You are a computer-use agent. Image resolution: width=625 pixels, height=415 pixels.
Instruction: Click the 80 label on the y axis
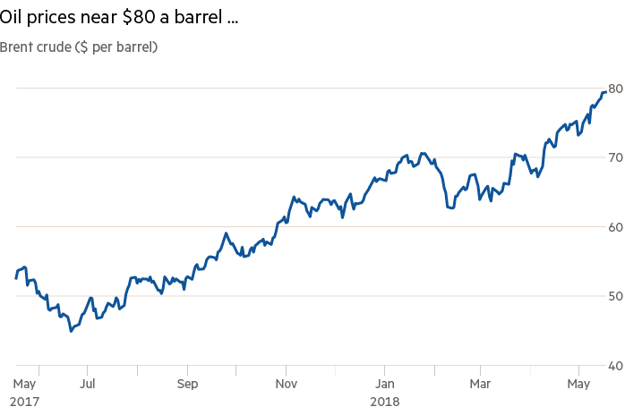point(615,89)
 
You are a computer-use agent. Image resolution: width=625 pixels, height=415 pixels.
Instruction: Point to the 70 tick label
point(615,157)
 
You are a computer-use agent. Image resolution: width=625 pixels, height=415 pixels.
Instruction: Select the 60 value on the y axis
point(615,227)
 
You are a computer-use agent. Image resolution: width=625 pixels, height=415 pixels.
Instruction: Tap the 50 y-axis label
point(615,296)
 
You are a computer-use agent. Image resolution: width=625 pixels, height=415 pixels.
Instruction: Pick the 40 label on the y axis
point(615,365)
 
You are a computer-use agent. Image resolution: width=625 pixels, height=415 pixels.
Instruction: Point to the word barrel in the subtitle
point(131,47)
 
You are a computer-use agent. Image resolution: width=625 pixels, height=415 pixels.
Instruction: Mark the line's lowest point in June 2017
point(71,331)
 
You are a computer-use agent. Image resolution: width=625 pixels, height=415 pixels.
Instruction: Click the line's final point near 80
point(604,91)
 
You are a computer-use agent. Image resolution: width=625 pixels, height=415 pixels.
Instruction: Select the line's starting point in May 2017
point(16,279)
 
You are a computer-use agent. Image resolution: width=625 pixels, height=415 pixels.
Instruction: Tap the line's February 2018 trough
point(450,208)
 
